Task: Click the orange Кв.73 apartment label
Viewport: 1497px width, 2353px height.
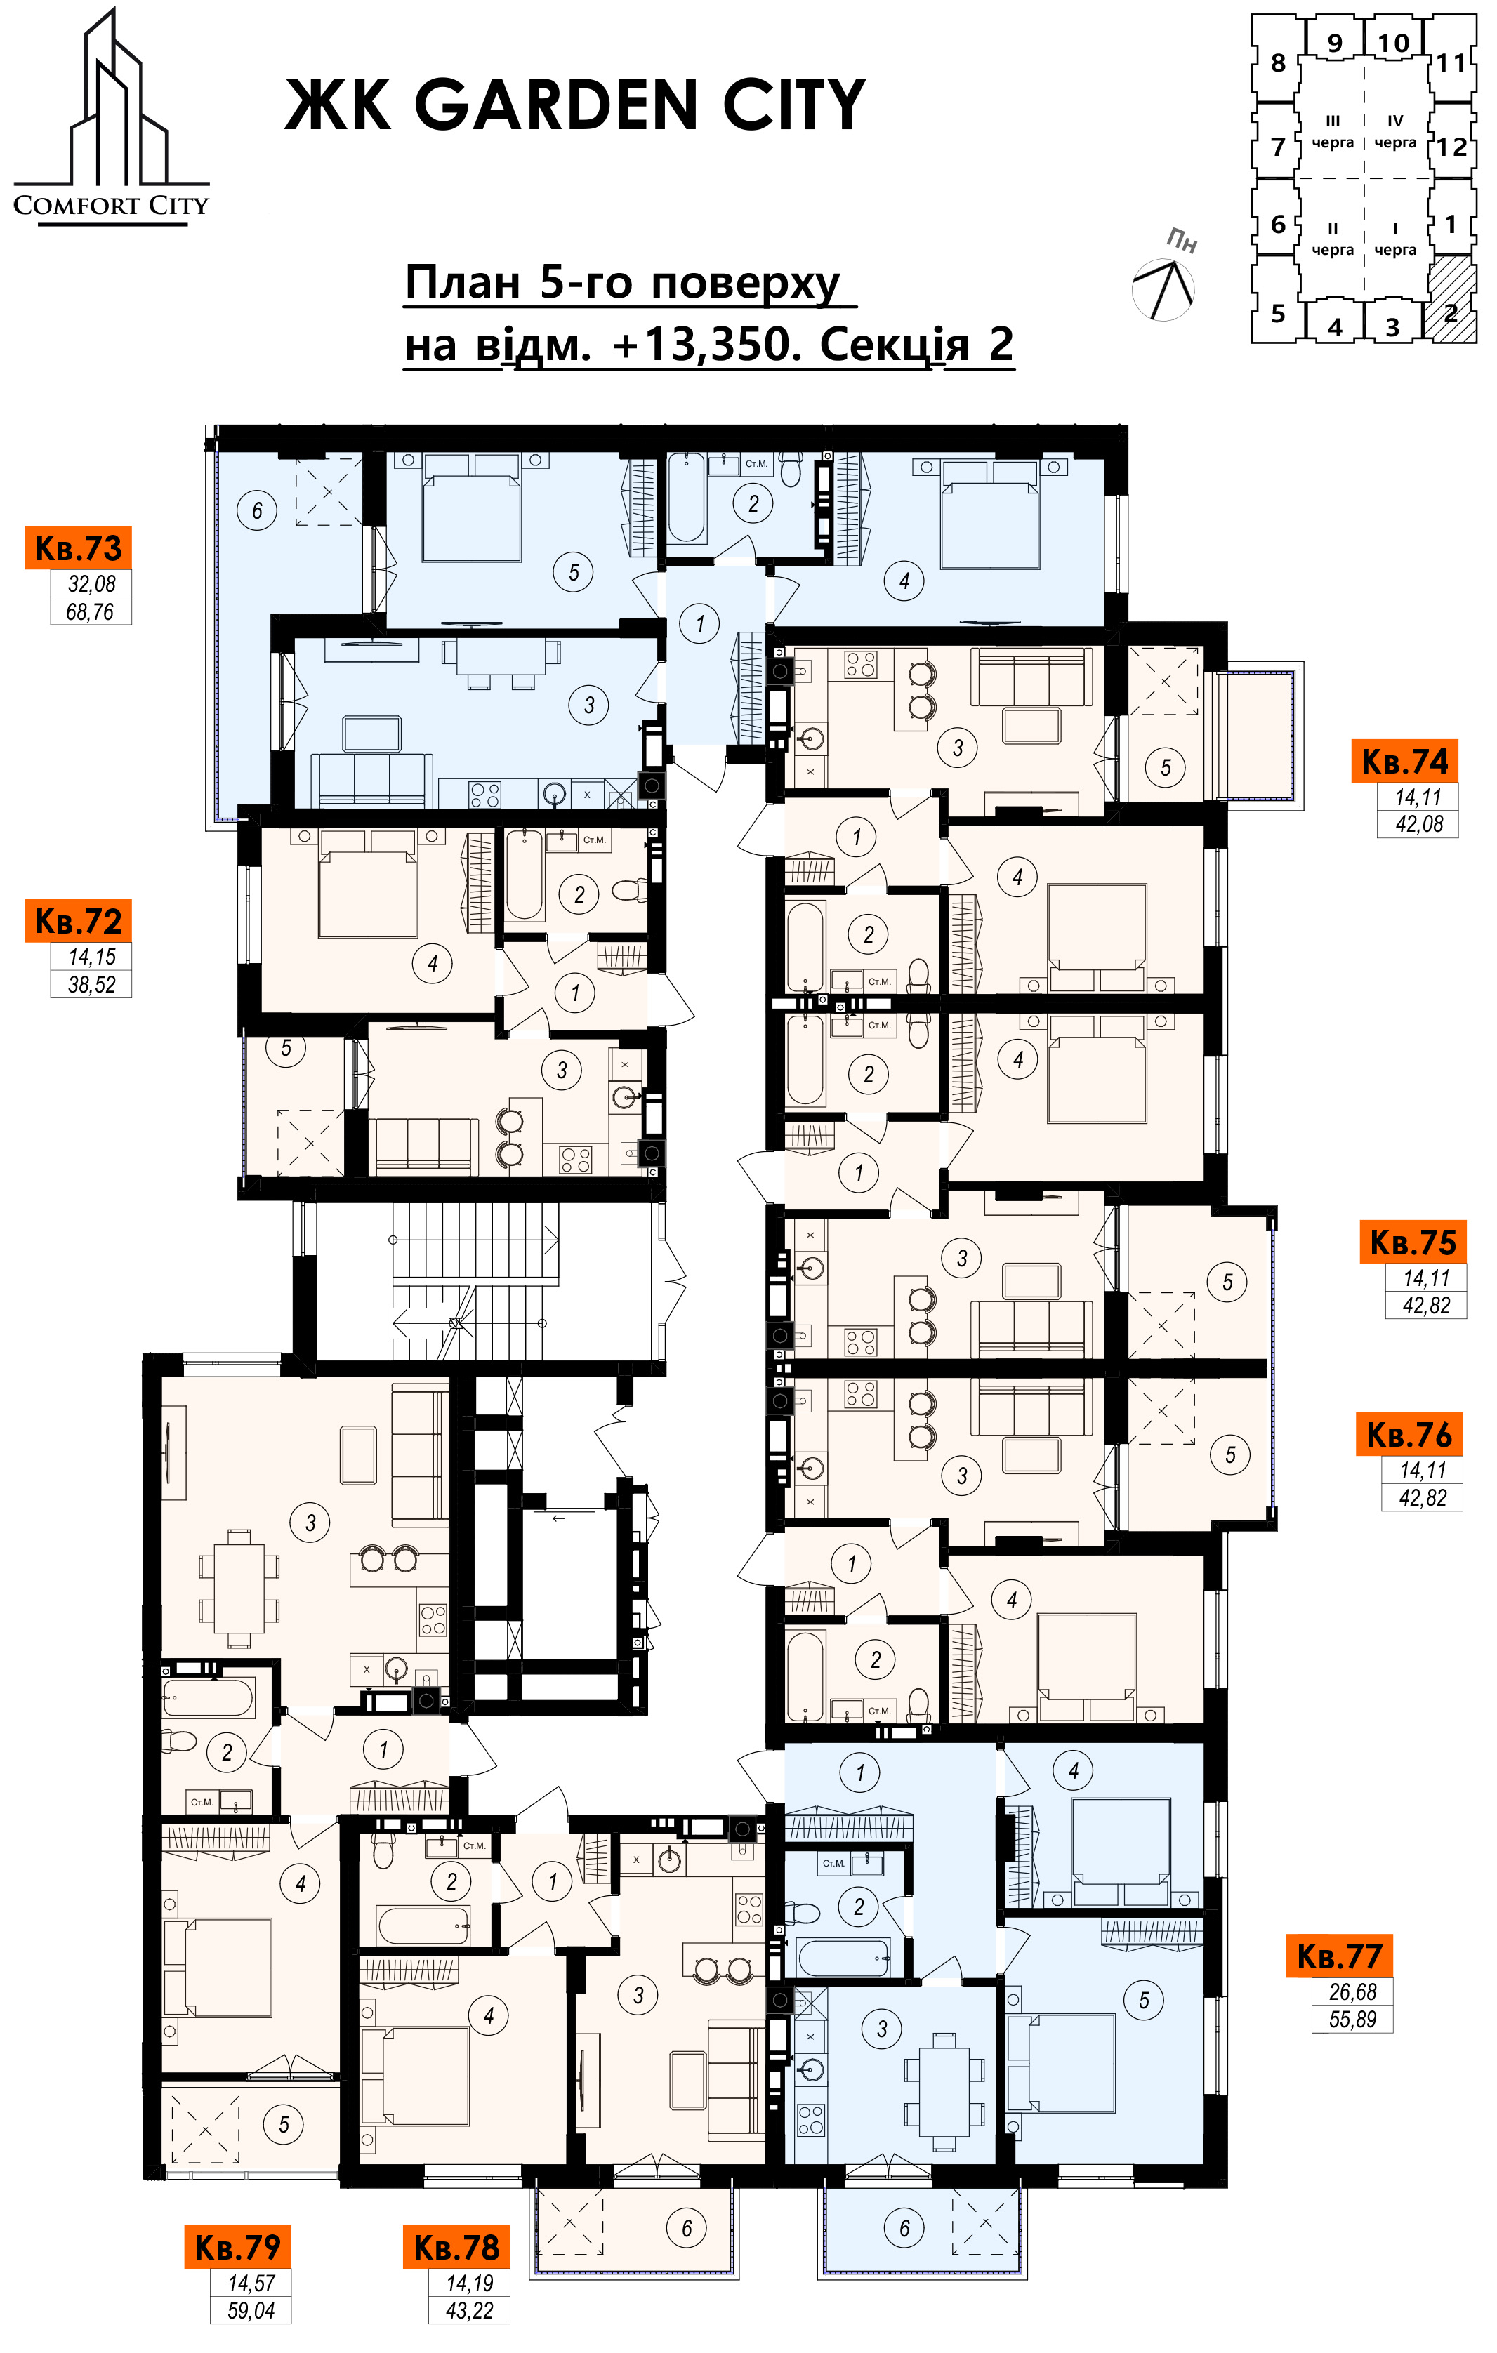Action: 78,548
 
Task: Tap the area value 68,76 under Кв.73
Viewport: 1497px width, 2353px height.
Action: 91,611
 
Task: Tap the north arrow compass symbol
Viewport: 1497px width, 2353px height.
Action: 1163,289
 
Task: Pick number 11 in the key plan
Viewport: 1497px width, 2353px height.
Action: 1452,63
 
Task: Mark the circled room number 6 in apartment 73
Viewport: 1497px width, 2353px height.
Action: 257,510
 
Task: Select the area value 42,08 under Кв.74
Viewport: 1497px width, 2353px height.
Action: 1419,823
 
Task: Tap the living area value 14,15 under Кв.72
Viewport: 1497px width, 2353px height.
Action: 92,957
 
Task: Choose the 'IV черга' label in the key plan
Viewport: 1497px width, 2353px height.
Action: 1395,131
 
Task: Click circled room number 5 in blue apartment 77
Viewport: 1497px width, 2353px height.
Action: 1145,1999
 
